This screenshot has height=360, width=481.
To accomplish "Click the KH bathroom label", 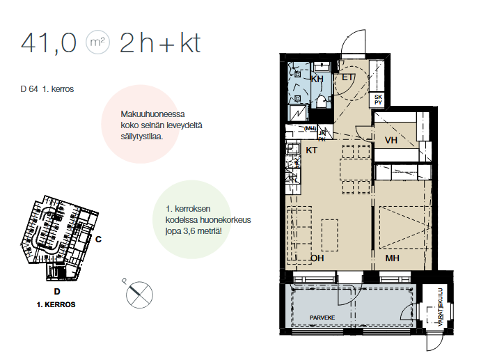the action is [317, 79].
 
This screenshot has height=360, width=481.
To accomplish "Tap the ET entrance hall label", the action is [347, 77].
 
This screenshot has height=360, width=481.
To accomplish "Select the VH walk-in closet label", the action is [391, 140].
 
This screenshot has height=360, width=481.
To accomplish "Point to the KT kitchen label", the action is [312, 150].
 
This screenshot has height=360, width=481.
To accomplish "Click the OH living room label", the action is [317, 258].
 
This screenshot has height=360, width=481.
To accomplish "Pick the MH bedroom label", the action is [393, 258].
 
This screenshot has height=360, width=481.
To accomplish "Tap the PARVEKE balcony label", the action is [322, 318].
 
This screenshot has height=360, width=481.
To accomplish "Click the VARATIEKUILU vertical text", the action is [441, 307].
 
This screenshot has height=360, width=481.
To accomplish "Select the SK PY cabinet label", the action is [378, 100].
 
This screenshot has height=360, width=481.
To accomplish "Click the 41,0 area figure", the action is [49, 43].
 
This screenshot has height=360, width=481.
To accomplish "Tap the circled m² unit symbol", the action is [97, 42].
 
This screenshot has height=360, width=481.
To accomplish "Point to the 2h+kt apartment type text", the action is [160, 43].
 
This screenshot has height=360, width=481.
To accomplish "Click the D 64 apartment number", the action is [29, 89].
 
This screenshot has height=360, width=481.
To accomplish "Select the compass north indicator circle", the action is [139, 295].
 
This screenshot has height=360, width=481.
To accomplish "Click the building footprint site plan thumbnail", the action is [60, 238].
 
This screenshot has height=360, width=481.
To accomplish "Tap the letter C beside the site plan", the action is [98, 239].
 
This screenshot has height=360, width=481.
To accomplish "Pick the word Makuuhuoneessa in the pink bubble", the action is [152, 114].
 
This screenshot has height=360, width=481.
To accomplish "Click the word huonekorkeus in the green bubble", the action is [225, 220].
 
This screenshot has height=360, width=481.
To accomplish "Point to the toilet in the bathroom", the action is [321, 101].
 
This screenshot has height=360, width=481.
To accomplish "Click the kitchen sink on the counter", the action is [292, 148].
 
